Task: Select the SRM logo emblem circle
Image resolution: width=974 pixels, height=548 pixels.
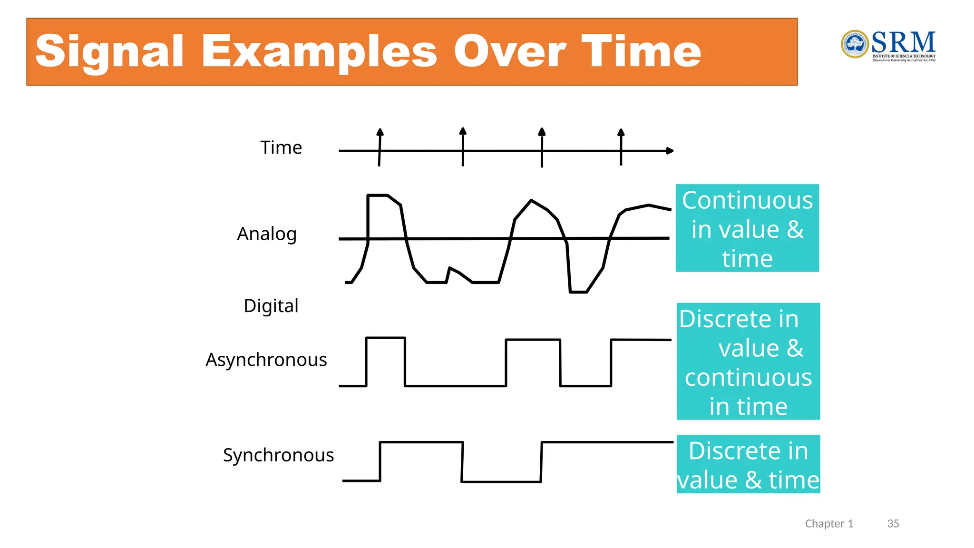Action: click(x=855, y=44)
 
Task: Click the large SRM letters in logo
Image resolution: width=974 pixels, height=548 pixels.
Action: click(x=903, y=42)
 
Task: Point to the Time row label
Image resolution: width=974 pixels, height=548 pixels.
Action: click(x=281, y=147)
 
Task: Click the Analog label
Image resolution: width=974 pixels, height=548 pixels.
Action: click(x=267, y=234)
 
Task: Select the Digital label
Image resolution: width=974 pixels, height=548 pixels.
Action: click(x=271, y=305)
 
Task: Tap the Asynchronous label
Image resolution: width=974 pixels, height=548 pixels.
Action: click(x=266, y=360)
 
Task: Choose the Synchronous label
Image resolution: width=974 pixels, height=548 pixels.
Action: click(x=278, y=455)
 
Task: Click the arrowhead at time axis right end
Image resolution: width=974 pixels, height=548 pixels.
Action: click(x=670, y=151)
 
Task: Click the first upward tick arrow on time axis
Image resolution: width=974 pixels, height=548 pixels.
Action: click(x=380, y=133)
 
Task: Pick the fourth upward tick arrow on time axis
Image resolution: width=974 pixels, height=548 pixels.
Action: click(x=621, y=133)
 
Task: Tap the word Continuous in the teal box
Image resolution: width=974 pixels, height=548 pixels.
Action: click(x=747, y=200)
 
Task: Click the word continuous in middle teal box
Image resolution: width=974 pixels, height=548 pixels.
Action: click(x=748, y=378)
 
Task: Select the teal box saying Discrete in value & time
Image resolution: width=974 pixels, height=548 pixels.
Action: click(x=748, y=464)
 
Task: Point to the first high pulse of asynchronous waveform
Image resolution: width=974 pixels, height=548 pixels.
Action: click(x=385, y=338)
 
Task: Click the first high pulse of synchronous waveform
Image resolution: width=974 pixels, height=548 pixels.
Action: click(x=421, y=442)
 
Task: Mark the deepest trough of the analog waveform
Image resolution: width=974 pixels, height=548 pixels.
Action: click(x=578, y=292)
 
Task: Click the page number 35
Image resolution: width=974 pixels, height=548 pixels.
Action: click(x=893, y=524)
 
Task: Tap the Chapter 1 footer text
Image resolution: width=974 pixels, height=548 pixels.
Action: click(x=829, y=524)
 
